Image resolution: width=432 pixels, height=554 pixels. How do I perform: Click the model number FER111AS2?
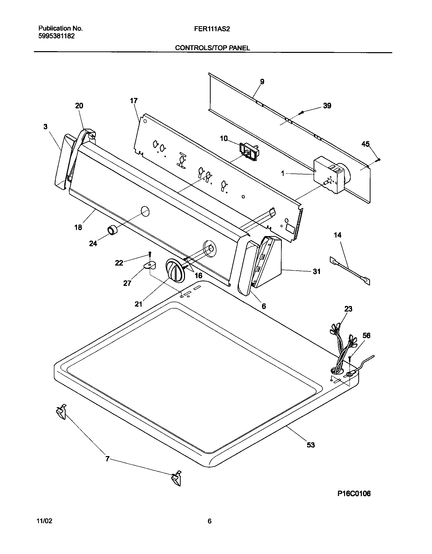pyautogui.click(x=212, y=29)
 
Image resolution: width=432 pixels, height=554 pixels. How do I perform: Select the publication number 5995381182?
pyautogui.click(x=56, y=36)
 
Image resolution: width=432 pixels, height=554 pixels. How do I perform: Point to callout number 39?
pyautogui.click(x=327, y=106)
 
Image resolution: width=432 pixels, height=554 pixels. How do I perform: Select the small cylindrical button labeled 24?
pyautogui.click(x=112, y=230)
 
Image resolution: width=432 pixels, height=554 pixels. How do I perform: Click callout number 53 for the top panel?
pyautogui.click(x=311, y=445)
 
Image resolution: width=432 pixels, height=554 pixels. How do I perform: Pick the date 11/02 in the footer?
pyautogui.click(x=45, y=521)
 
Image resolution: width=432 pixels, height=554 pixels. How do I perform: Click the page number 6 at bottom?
pyautogui.click(x=209, y=521)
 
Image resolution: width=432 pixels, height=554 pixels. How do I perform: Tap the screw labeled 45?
pyautogui.click(x=379, y=159)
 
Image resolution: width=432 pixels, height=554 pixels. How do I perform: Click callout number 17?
pyautogui.click(x=134, y=101)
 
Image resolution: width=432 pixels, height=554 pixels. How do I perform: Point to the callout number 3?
pyautogui.click(x=45, y=127)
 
